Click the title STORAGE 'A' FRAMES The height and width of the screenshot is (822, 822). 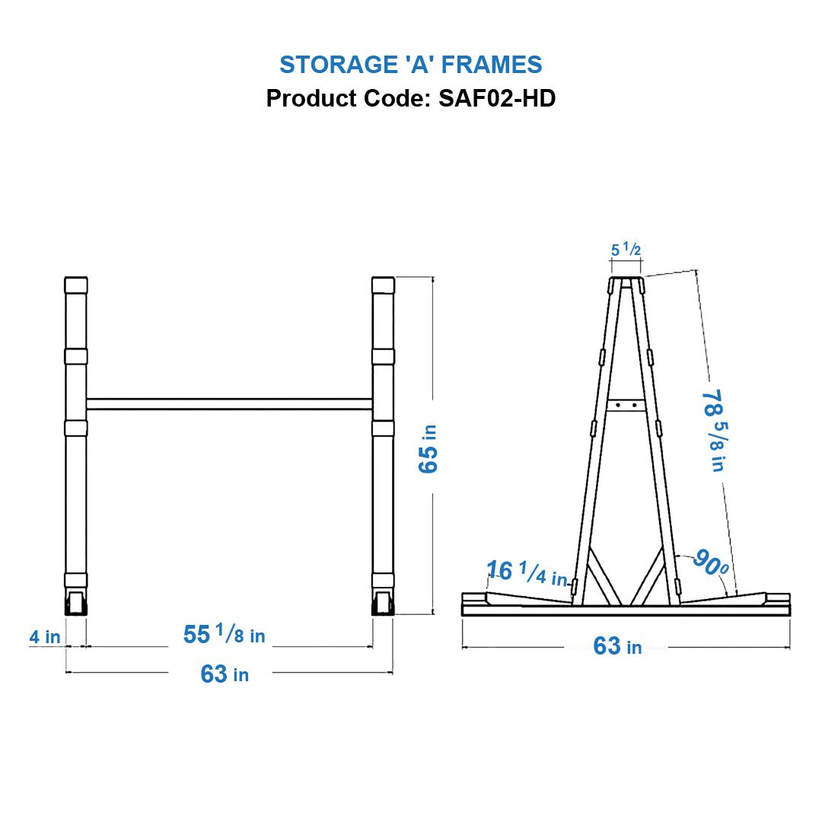coord(410,65)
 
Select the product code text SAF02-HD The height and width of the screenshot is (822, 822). coord(497,98)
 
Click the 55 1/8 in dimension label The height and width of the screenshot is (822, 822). coord(224,634)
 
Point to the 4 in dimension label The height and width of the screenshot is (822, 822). coord(45,636)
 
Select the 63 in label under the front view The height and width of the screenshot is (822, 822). coord(224,674)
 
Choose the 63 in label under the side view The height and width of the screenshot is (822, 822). coord(617,646)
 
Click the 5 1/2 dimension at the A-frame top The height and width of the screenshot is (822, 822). coord(626,249)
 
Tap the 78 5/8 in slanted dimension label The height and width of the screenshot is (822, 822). coord(712,431)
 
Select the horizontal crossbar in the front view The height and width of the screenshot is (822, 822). coord(229,404)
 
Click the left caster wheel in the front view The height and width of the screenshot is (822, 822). coord(76,604)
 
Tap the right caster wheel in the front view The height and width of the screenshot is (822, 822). coord(383,604)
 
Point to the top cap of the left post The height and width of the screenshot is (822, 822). coord(76,285)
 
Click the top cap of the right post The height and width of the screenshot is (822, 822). coord(383,285)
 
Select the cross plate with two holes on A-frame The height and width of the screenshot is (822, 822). coord(626,405)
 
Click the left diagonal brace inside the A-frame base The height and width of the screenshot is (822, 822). coord(605,575)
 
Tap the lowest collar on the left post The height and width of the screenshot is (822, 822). coord(76,580)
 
